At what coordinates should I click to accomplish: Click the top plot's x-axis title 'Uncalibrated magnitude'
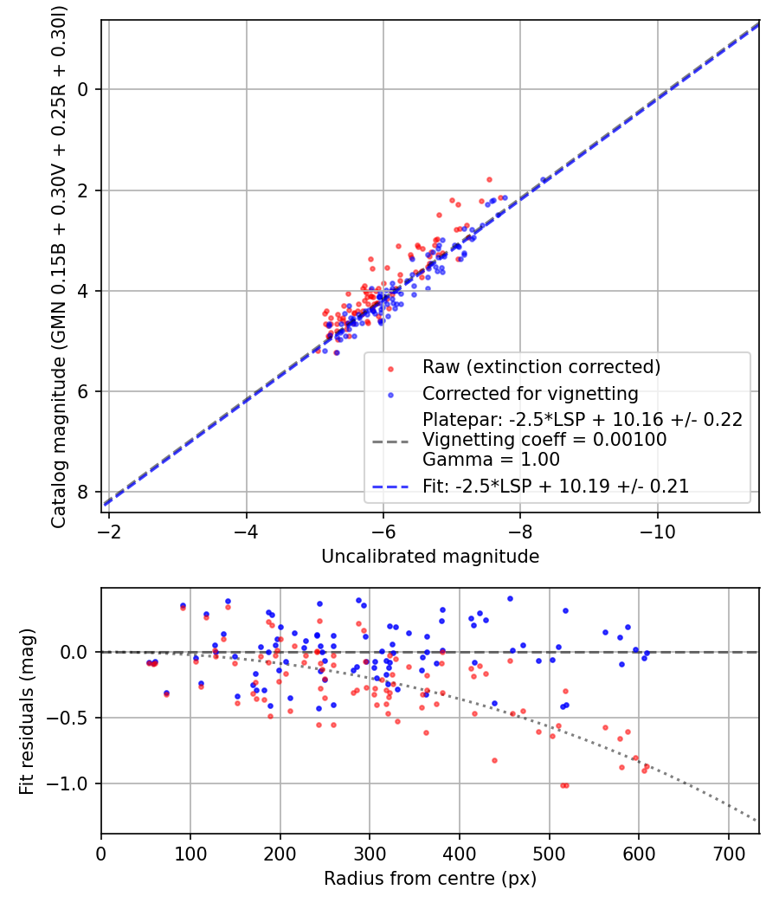click(x=430, y=556)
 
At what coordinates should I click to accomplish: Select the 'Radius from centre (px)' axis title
click(x=430, y=879)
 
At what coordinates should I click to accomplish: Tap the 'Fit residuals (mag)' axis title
click(x=27, y=711)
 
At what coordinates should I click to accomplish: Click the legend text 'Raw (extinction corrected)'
click(x=541, y=367)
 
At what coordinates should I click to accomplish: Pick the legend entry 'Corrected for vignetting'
click(x=530, y=394)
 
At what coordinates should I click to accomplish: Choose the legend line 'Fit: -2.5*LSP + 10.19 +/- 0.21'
click(x=556, y=487)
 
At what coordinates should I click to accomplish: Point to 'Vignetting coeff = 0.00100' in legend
click(x=544, y=440)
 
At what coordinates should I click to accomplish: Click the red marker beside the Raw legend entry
click(x=390, y=368)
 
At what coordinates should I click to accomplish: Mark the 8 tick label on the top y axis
click(x=84, y=493)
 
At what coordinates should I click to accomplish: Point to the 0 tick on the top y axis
click(x=84, y=89)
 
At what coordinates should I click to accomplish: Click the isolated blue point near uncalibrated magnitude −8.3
click(x=544, y=180)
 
